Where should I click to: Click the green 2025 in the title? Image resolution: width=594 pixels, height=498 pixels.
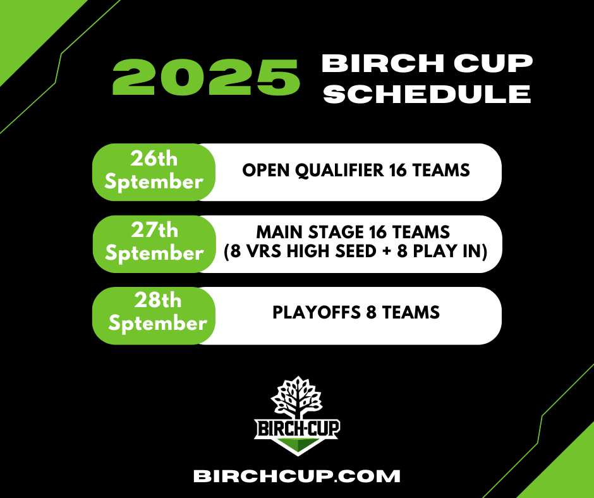[x=206, y=77]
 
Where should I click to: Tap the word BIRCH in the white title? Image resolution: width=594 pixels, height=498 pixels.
[x=382, y=63]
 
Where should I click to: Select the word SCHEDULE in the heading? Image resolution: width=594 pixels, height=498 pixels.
[x=427, y=94]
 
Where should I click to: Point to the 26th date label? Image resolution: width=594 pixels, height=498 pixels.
[x=154, y=159]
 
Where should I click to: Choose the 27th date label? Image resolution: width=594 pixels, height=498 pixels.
[x=155, y=229]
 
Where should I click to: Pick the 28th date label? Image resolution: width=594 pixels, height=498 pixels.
[x=158, y=300]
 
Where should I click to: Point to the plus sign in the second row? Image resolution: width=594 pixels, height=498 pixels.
[x=386, y=252]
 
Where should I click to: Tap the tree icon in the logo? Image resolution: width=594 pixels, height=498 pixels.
[x=297, y=397]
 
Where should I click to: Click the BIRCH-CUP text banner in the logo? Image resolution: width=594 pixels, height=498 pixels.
[x=297, y=428]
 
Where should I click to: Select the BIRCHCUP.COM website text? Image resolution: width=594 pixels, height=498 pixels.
[x=297, y=476]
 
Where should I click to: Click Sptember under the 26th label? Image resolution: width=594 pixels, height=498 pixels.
[x=154, y=181]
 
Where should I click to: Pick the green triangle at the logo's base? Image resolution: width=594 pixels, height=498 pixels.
[x=298, y=446]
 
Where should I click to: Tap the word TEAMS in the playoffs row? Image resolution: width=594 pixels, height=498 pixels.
[x=411, y=313]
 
